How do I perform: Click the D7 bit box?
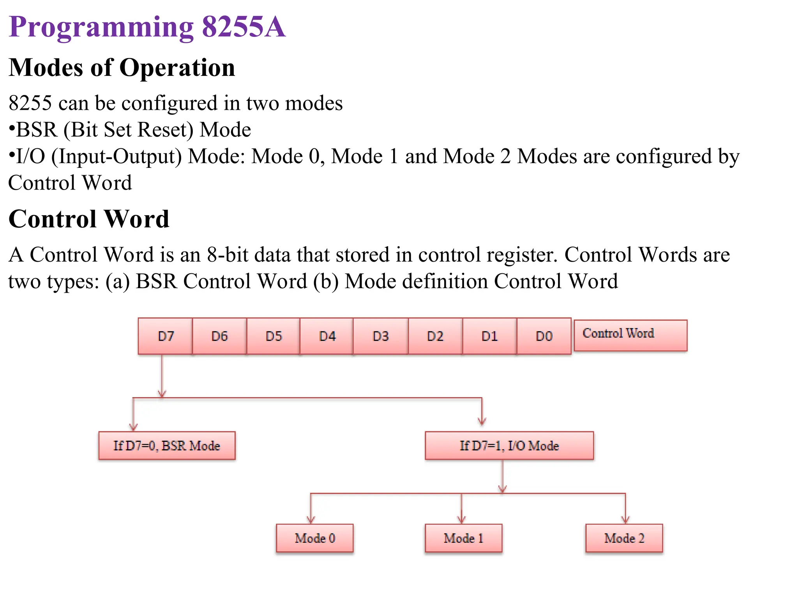point(165,336)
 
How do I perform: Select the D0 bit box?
point(544,336)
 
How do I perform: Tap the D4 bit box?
point(327,336)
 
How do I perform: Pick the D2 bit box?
point(435,336)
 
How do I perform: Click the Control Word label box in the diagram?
point(630,335)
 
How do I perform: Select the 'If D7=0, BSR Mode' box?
point(167,445)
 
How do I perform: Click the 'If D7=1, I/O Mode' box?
point(509,445)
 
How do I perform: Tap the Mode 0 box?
point(315,538)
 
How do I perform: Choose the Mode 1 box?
point(463,538)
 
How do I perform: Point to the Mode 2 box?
point(624,538)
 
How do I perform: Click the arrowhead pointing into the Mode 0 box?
point(311,519)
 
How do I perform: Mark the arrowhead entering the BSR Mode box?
point(133,427)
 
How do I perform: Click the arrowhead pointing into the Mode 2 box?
point(625,519)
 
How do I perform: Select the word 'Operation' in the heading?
point(177,68)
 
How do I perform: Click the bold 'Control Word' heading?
point(89,219)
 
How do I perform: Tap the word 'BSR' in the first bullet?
point(37,130)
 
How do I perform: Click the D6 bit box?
point(219,336)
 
